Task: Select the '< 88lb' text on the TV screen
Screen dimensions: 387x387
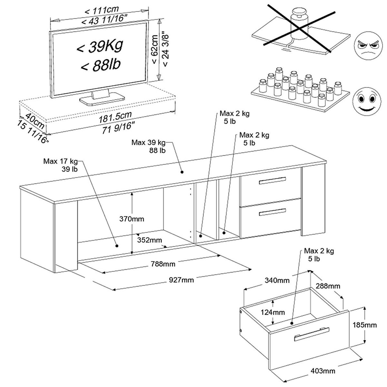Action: tap(100, 64)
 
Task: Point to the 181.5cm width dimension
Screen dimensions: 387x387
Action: tap(115, 116)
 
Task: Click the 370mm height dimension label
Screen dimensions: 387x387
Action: tap(132, 219)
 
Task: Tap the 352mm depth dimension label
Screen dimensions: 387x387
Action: tap(149, 240)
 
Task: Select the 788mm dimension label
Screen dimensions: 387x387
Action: tap(163, 264)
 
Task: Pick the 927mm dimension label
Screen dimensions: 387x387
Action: tap(181, 280)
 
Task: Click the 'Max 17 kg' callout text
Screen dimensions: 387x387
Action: tap(60, 161)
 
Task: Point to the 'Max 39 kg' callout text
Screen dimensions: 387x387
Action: tap(148, 143)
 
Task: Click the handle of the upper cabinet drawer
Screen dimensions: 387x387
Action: tap(272, 181)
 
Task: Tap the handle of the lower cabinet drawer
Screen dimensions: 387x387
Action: tap(272, 212)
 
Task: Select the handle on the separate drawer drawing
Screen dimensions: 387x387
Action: tap(312, 334)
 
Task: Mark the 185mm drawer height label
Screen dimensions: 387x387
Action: tap(365, 325)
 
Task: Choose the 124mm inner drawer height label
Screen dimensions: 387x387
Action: tap(273, 312)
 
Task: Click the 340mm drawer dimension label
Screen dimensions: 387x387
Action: tap(277, 280)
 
